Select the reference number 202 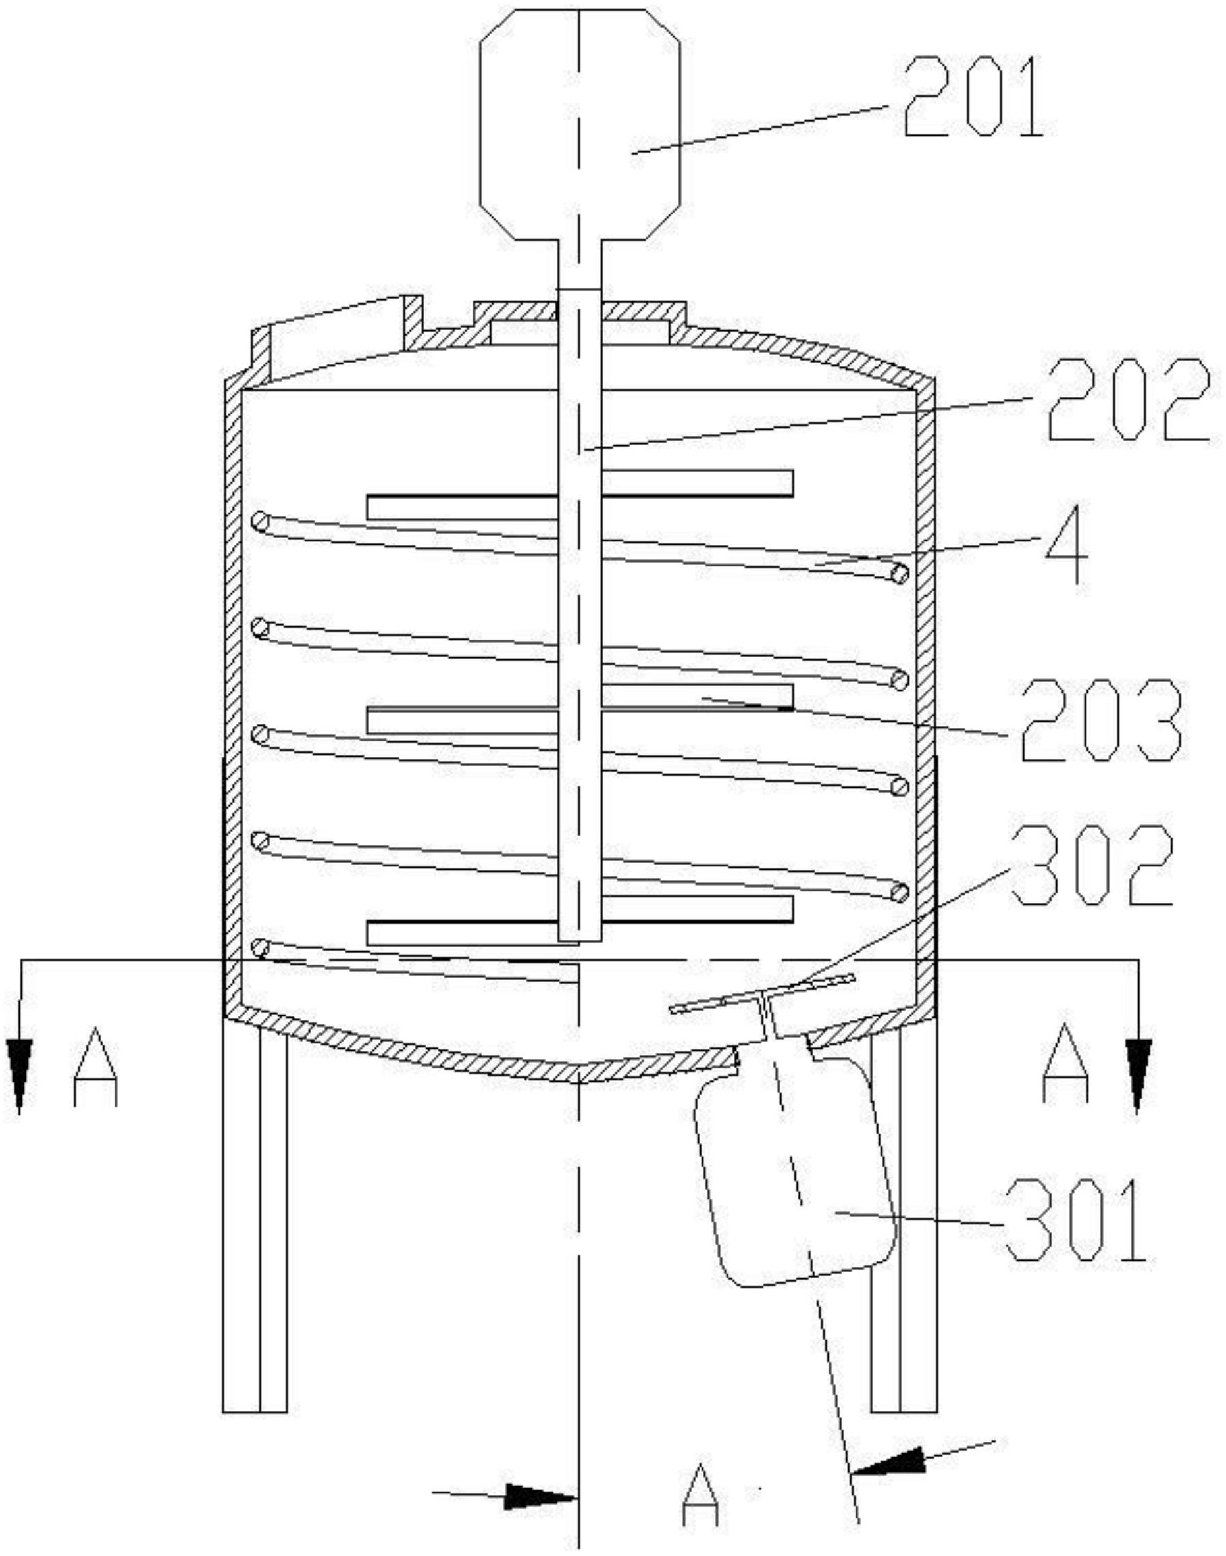coord(1132,400)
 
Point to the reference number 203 coord(1102,720)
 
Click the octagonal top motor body coord(579,124)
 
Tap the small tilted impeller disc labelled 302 coord(762,992)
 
